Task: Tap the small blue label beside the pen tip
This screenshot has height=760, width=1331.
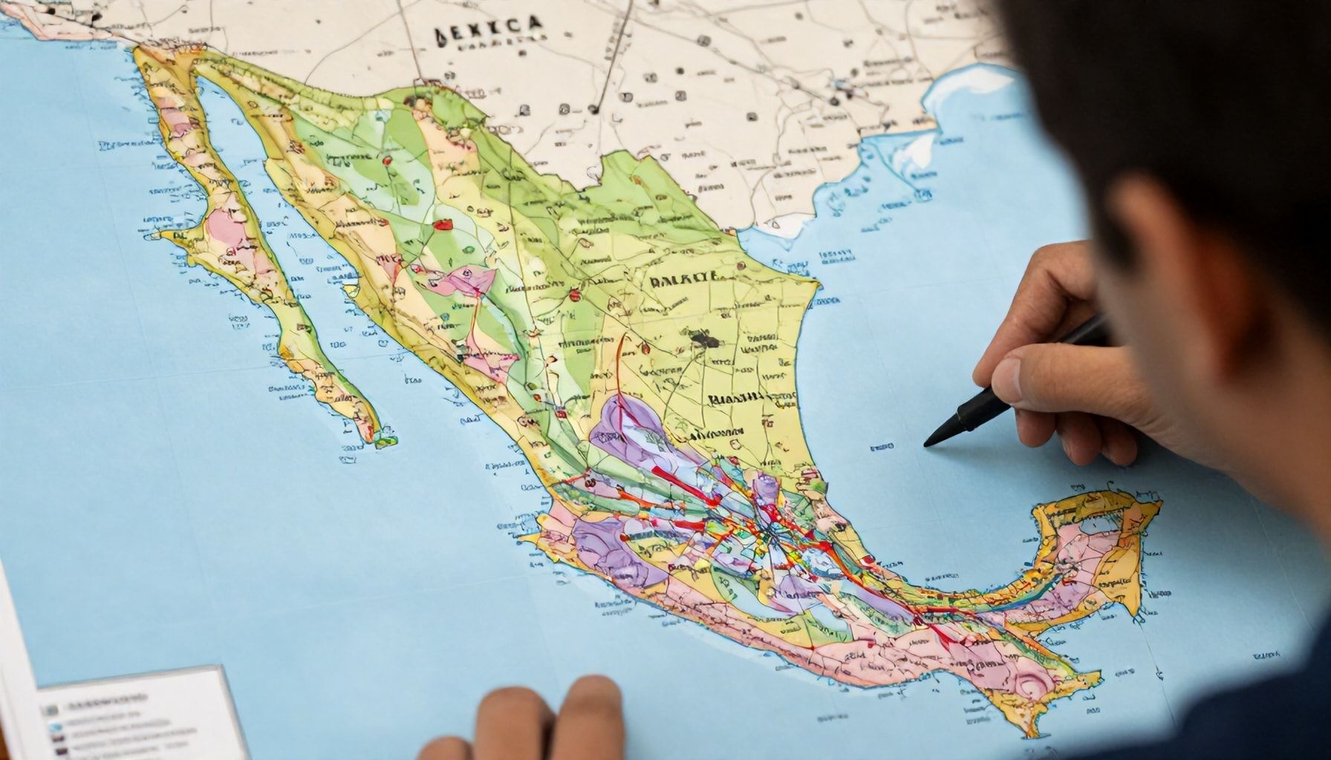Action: point(882,448)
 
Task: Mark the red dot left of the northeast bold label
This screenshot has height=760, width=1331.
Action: point(573,295)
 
